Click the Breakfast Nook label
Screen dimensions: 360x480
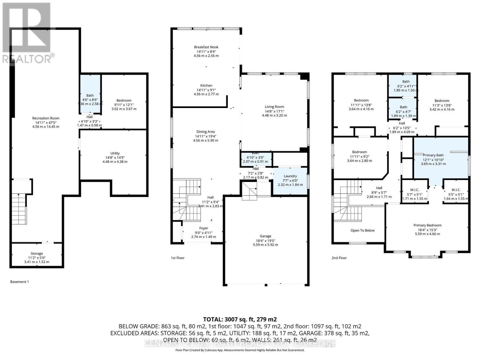206,47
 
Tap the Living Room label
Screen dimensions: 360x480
274,106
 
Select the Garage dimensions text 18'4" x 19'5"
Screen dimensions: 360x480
265,240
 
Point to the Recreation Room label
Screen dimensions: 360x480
46,118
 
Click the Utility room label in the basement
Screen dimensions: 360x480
115,153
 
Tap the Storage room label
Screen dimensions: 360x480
37,253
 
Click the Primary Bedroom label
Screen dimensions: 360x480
427,225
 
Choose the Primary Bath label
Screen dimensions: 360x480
433,155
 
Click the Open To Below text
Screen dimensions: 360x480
362,230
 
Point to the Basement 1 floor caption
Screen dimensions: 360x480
19,282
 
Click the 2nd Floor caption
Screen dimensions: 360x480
339,258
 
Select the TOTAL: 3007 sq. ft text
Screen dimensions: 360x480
240,319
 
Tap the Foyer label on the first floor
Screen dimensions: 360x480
203,228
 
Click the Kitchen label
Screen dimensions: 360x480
206,85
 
